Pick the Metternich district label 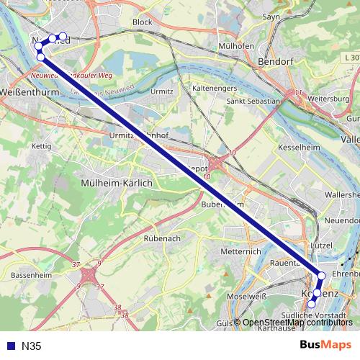tap(240, 252)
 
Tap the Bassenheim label tap(31, 276)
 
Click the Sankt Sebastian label tap(253, 102)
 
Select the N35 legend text tap(30, 346)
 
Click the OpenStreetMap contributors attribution tap(297, 322)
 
